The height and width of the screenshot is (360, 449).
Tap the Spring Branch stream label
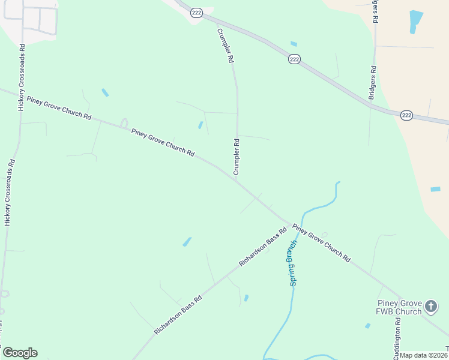coord(293,263)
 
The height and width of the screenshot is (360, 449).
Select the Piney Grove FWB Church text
coord(399,307)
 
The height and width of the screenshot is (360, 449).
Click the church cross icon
coord(431,307)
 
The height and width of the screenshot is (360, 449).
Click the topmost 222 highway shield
coord(196,12)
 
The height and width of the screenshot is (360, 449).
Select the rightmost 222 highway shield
coord(406,115)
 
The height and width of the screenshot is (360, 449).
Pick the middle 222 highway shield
coord(294,59)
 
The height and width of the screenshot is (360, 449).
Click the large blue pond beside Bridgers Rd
coord(415,20)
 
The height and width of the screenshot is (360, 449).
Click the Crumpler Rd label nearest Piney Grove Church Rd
coord(237,157)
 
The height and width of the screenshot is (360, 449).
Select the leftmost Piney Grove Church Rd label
coord(59,108)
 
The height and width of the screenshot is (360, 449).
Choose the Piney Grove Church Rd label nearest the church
coord(322,242)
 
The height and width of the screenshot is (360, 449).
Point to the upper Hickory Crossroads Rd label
coord(21,76)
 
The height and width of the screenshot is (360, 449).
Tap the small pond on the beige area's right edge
coord(435,190)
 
